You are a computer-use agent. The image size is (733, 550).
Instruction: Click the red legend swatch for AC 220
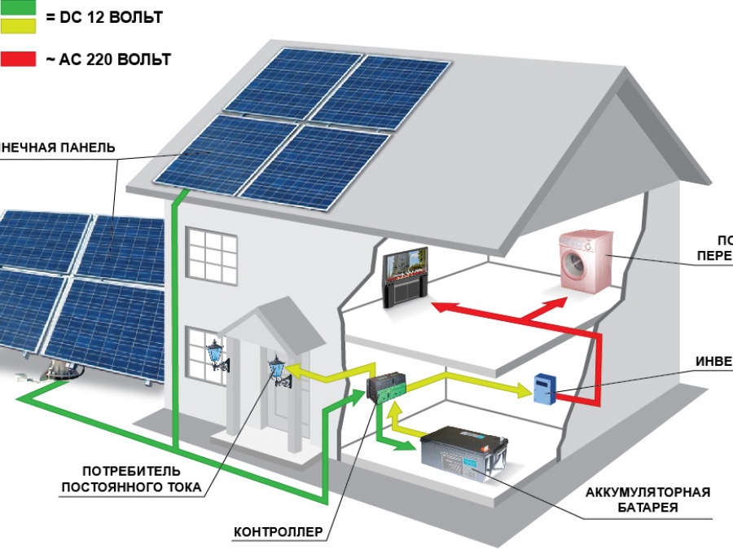pos(18,59)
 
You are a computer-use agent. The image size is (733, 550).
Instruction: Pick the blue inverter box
pos(543,389)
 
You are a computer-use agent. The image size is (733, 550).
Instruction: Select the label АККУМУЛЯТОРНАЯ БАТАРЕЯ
pos(648,499)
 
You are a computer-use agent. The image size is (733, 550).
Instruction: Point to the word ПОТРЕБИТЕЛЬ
pos(131,472)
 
